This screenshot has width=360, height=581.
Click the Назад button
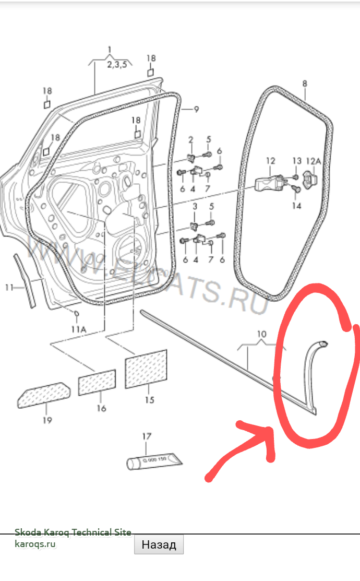[159, 545]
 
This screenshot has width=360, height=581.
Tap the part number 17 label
[147, 436]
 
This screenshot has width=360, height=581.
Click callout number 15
[149, 400]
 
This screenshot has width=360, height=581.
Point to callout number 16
[101, 408]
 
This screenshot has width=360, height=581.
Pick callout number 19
[47, 420]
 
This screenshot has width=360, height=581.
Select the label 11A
[79, 329]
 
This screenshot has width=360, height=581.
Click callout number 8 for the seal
[305, 83]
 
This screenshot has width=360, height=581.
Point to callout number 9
[196, 109]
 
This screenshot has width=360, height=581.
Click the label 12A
[314, 161]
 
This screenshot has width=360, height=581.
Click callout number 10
[261, 334]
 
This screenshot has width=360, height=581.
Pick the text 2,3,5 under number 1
[117, 65]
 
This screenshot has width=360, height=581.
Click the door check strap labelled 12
[270, 182]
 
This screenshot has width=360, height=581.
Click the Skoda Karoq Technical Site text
[73, 532]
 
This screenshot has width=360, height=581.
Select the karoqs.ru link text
[35, 543]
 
